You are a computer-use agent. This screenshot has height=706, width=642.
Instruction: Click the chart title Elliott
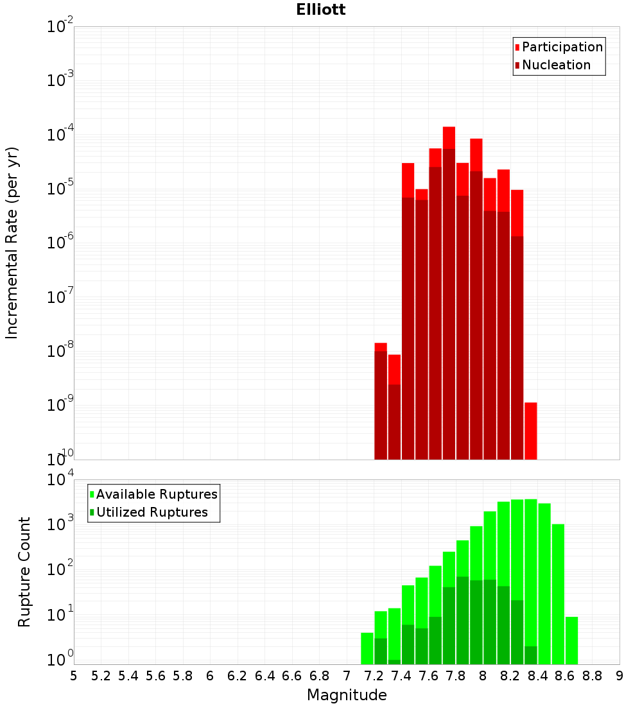321,10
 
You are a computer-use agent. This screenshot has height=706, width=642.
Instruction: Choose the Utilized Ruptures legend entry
152,512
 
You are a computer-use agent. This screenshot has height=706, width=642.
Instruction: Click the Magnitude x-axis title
347,695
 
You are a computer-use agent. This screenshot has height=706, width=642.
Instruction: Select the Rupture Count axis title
24,572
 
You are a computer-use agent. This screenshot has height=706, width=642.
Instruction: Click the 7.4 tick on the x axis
401,676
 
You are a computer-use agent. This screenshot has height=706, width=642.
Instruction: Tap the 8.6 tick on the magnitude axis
565,676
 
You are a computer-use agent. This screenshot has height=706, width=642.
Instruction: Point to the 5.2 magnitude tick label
101,676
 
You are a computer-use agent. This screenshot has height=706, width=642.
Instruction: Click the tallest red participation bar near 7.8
449,137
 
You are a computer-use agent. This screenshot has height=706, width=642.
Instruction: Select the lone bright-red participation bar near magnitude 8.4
531,430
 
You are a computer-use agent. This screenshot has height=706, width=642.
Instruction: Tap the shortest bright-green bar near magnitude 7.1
367,648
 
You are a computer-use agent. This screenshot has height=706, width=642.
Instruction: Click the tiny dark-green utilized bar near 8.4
531,655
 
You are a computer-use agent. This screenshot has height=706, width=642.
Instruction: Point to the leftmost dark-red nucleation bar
381,404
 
